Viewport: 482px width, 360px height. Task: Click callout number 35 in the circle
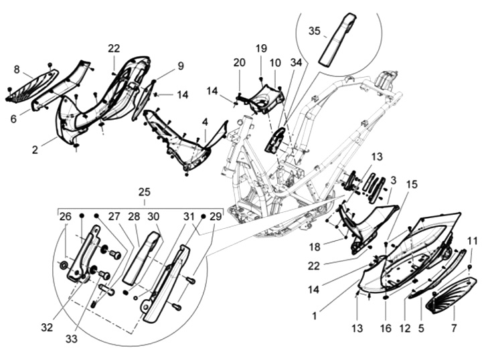tap(315, 31)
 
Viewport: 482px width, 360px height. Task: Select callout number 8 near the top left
tap(17, 68)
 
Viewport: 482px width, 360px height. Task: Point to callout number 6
tap(13, 118)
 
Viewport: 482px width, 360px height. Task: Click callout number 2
tap(34, 150)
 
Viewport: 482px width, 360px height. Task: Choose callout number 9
tap(180, 66)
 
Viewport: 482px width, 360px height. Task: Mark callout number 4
tap(205, 122)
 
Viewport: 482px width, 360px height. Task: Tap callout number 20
tap(239, 62)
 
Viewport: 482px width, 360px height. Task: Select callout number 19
tap(260, 48)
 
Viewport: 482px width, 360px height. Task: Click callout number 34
tap(296, 62)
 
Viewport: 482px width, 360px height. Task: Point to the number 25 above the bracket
tap(144, 191)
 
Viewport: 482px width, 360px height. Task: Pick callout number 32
tap(46, 328)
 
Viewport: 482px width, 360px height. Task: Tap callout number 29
tap(215, 216)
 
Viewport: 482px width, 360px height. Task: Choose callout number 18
tap(314, 247)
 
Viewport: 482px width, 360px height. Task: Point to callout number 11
tap(471, 241)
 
